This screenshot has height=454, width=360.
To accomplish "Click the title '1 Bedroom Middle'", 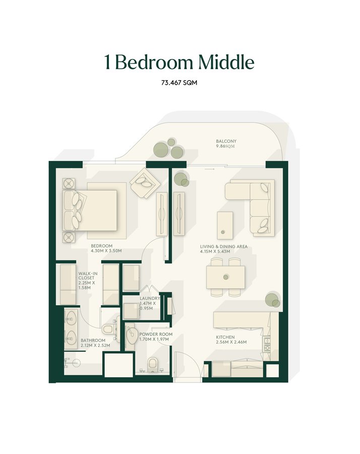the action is pos(179,62).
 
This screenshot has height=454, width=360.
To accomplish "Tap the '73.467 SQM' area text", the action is pos(179,83).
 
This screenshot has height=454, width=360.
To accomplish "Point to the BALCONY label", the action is pos(226,141).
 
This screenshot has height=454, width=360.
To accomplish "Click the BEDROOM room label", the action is pos(101,246).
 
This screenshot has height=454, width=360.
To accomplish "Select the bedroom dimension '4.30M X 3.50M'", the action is pos(106,251).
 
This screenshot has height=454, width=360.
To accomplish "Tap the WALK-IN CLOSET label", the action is pos(88,275).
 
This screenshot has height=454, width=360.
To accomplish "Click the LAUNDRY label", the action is pos(150,298).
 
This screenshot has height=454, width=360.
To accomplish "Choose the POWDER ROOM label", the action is pos(156,334).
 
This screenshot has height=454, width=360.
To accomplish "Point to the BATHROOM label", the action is pos(93,340).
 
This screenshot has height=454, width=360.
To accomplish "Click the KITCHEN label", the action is pos(225,337).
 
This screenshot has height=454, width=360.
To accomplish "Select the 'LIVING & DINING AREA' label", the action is pos(224,246).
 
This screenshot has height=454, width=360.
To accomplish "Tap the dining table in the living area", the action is pos(226,277).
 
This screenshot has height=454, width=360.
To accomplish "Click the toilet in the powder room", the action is pos(152,364).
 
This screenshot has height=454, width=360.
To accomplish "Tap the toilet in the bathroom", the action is pos(108,329).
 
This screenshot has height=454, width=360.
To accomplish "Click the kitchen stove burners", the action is pos(267,344).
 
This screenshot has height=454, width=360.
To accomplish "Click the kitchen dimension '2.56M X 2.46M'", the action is pos(231,342).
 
